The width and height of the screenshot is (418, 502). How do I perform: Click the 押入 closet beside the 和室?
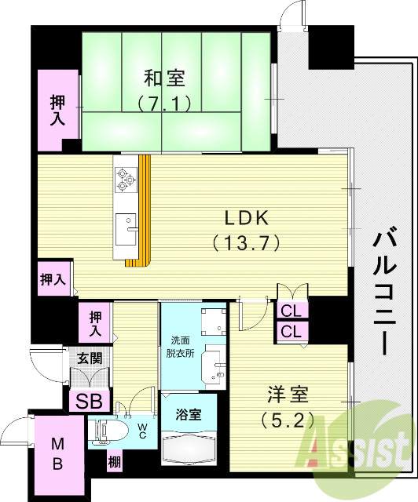tap(58, 111)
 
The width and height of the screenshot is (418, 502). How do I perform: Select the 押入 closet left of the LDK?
tap(53, 278)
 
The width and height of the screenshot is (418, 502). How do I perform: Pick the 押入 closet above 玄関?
tap(96, 324)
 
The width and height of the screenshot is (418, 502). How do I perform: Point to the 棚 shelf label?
tap(114, 463)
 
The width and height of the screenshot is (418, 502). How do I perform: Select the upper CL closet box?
tap(291, 310)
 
